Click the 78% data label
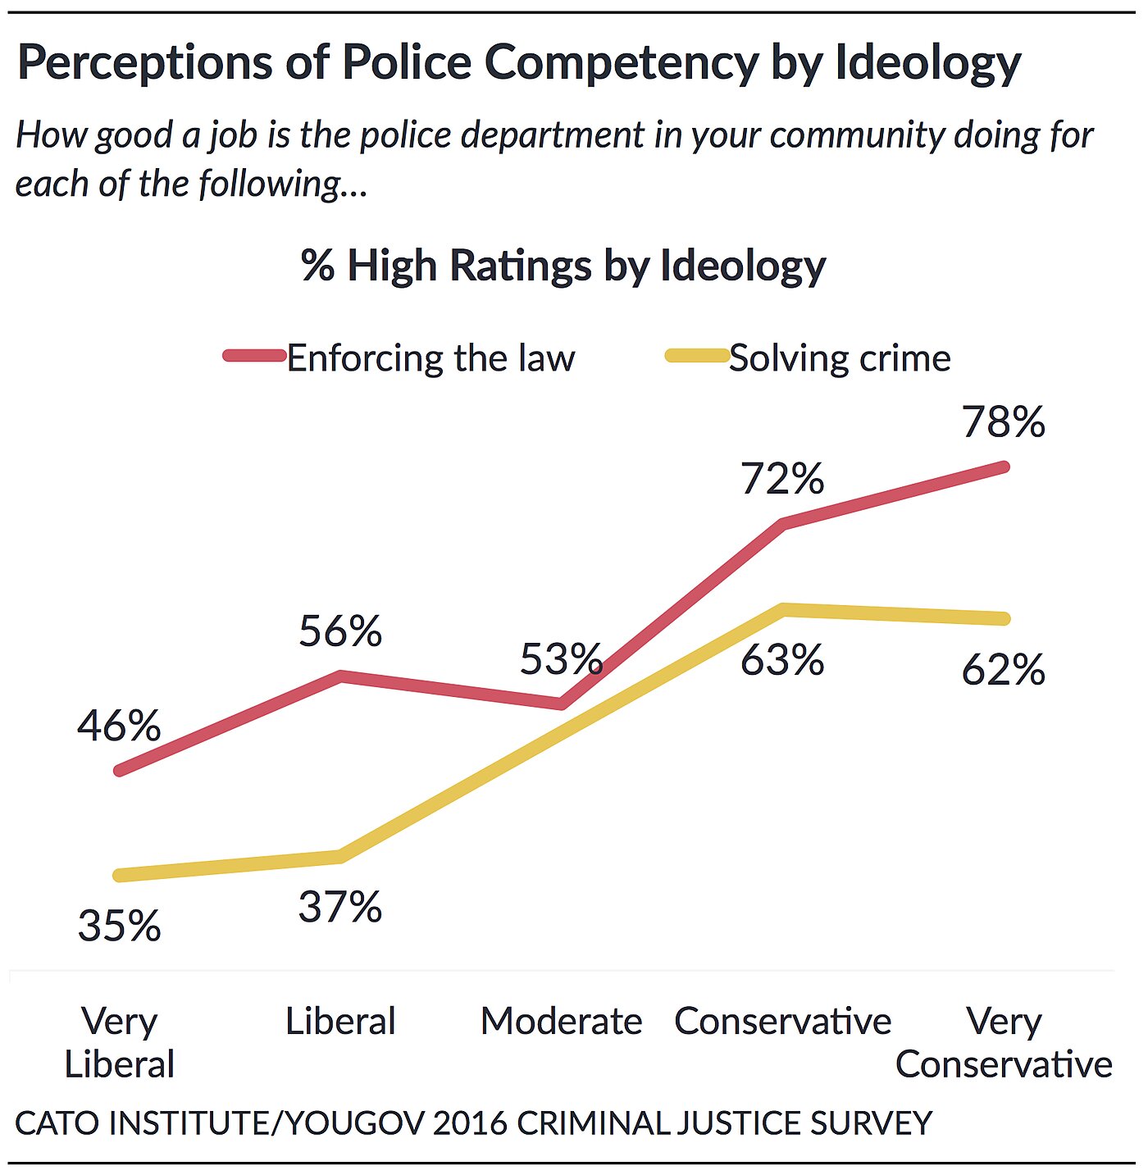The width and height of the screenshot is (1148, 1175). tap(1003, 423)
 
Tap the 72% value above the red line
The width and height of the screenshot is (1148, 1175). tap(782, 479)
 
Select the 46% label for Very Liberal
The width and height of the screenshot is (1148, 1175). tap(119, 726)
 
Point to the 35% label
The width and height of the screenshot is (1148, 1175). tap(119, 927)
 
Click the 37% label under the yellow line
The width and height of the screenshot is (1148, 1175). tap(340, 908)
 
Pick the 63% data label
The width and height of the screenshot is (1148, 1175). tap(782, 661)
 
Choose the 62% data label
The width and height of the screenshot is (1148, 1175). tap(1003, 671)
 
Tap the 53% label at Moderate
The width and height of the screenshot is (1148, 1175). tap(562, 660)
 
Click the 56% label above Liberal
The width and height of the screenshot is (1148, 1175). tap(340, 632)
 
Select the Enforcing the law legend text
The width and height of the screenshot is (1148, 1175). tap(430, 359)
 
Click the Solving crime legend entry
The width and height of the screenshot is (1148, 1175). tap(840, 359)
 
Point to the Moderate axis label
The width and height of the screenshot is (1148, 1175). tap(562, 1022)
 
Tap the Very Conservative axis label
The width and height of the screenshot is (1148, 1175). tap(1003, 1043)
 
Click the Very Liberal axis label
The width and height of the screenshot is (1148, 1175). tap(120, 1043)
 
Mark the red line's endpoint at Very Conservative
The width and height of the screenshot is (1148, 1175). tap(1003, 467)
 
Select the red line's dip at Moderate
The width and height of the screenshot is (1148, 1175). tap(561, 704)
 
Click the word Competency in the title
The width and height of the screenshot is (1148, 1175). tap(621, 63)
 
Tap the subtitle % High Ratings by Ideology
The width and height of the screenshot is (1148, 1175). tap(563, 266)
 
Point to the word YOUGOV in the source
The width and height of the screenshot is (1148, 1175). tap(356, 1123)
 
